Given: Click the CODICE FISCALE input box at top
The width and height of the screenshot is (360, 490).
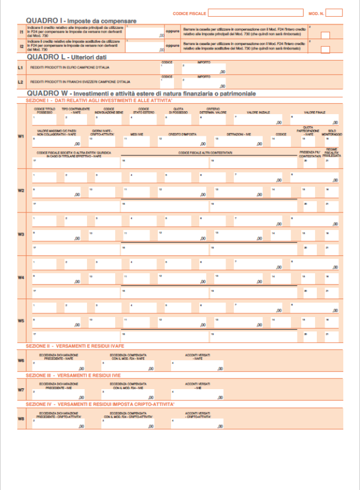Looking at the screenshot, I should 256,12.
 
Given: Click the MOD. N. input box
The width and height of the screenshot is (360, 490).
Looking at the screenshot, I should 332,12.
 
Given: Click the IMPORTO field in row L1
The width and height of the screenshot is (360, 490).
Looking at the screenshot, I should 204,70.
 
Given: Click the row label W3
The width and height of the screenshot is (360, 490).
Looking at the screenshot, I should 21,234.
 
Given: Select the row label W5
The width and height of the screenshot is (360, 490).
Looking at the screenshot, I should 21,321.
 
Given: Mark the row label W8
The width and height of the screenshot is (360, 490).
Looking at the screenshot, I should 21,419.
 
